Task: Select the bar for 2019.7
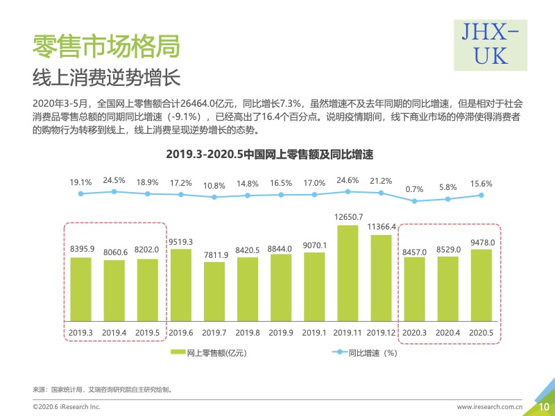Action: (x=214, y=292)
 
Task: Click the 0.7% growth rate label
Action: (x=414, y=189)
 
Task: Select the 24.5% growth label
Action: (x=114, y=180)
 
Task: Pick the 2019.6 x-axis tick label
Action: (x=180, y=333)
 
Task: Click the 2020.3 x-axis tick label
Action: (x=414, y=333)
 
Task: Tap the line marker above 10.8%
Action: (x=214, y=197)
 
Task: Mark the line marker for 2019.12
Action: (x=381, y=193)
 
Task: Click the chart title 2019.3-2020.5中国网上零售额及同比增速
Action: (x=274, y=154)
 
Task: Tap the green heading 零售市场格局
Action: (x=106, y=46)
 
